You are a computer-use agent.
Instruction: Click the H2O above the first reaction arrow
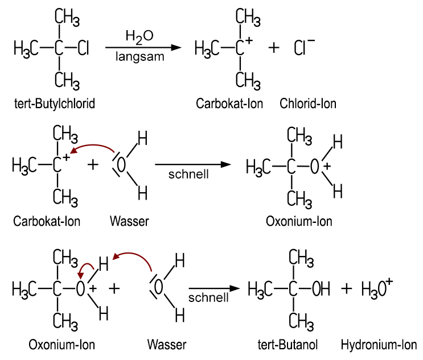pyautogui.click(x=139, y=36)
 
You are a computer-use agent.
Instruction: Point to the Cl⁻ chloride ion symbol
pyautogui.click(x=304, y=48)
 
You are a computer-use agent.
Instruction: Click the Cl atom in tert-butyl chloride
pyautogui.click(x=84, y=48)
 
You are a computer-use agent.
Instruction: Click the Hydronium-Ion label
pyautogui.click(x=379, y=345)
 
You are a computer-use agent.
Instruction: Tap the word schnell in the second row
pyautogui.click(x=188, y=174)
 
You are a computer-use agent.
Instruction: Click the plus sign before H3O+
pyautogui.click(x=347, y=289)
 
